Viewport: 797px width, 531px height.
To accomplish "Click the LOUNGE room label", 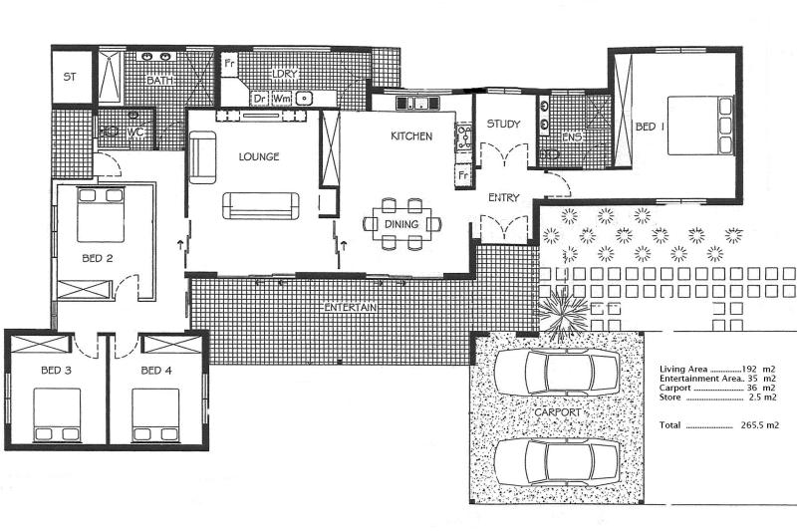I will [x=259, y=156].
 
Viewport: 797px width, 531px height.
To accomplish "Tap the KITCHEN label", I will [x=411, y=135].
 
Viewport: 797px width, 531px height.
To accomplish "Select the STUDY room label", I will [x=503, y=125].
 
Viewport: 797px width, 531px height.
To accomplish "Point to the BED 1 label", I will [x=650, y=127].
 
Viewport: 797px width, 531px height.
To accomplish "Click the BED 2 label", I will [x=97, y=258].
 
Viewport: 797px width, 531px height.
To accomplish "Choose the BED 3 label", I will [x=56, y=371].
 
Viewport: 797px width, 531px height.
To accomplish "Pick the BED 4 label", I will [x=156, y=371].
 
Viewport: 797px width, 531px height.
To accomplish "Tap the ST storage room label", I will [x=70, y=77].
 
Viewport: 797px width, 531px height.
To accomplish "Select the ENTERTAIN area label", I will [x=351, y=308].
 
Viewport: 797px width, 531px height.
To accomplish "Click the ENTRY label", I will [x=503, y=197].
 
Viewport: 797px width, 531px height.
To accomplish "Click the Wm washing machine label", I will [x=281, y=99].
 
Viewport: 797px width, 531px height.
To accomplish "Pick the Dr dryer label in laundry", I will [x=259, y=99].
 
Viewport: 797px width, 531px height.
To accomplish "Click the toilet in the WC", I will [x=111, y=131].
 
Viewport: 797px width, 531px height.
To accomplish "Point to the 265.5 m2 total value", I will [x=759, y=425].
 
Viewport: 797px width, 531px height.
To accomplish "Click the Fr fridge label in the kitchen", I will [x=462, y=175].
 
